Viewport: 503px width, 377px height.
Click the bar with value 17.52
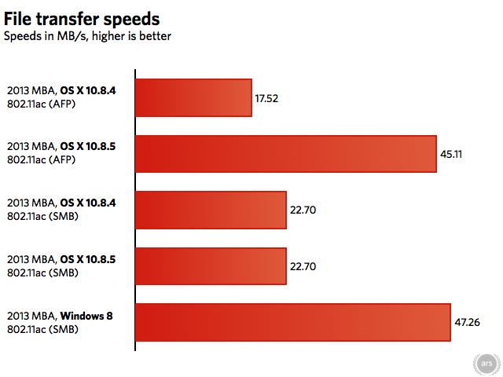click(x=193, y=97)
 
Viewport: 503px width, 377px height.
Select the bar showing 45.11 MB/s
click(x=286, y=154)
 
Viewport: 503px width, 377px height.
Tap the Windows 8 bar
click(x=292, y=322)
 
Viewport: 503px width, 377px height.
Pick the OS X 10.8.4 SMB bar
click(x=211, y=210)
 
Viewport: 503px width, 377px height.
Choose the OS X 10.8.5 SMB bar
click(x=211, y=266)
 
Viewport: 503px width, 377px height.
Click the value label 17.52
click(x=267, y=98)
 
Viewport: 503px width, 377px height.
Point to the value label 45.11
click(x=451, y=155)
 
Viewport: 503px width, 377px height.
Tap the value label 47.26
click(x=467, y=322)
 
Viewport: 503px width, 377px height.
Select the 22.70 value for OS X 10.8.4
click(x=303, y=210)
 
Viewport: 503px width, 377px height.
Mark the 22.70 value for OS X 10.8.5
click(x=303, y=266)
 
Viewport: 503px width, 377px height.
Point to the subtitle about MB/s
click(x=87, y=35)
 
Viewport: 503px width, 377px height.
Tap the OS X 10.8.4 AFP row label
click(x=61, y=97)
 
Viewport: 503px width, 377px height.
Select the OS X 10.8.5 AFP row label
click(x=61, y=153)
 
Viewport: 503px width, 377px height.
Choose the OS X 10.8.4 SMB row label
click(x=61, y=210)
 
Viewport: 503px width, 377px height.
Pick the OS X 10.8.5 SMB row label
click(x=61, y=265)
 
